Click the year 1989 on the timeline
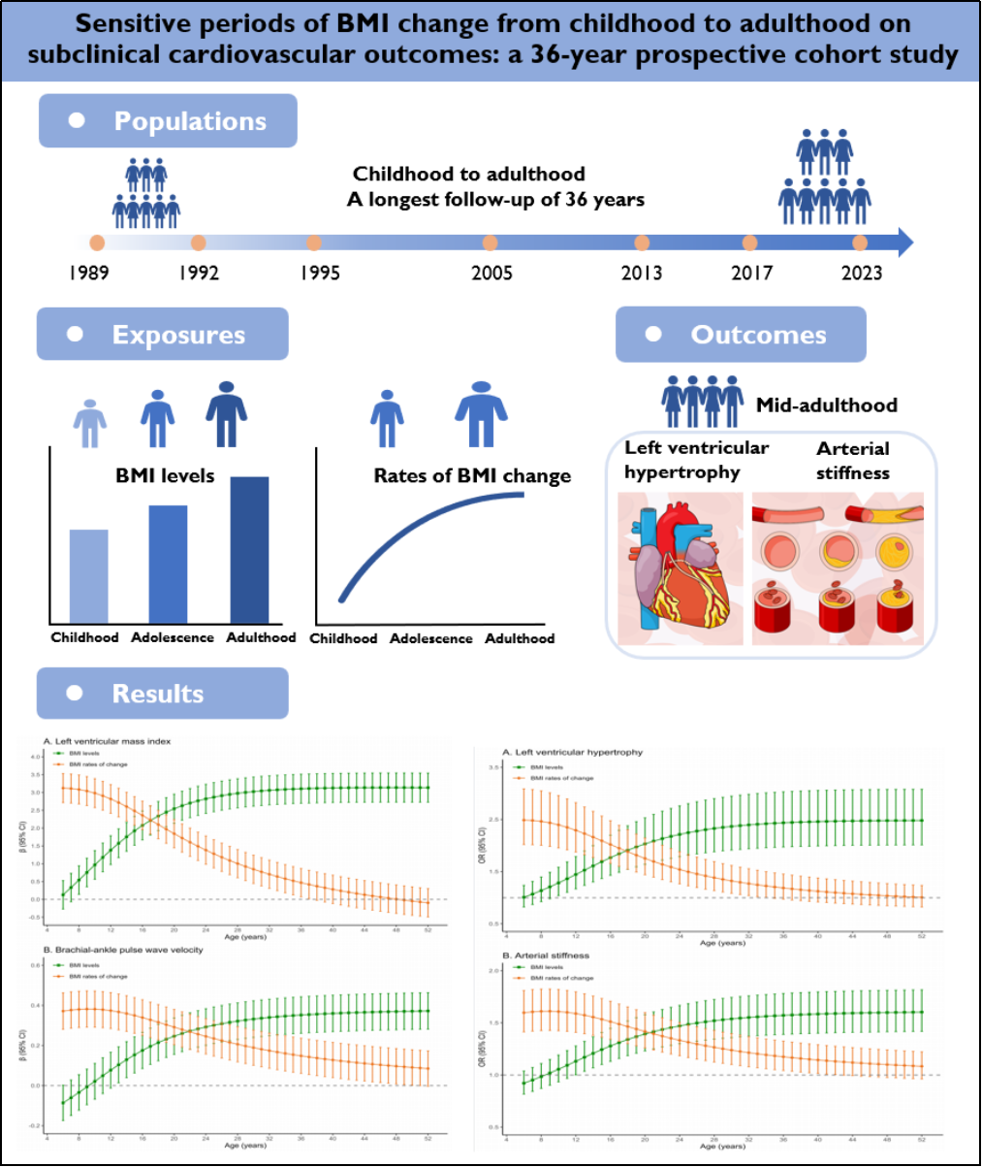89,272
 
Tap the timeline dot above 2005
491,243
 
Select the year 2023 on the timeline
862,272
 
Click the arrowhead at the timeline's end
903,243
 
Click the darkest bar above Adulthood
249,549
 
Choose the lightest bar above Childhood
89,575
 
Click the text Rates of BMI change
472,476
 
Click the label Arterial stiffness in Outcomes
853,461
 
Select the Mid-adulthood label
827,405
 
